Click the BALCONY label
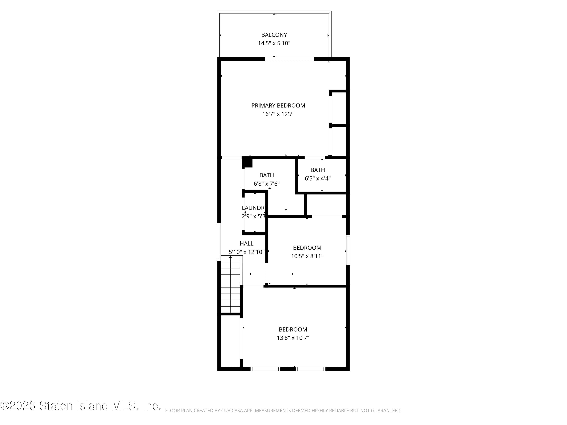274,35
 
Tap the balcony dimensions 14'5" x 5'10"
274,43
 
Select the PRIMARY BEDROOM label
278,106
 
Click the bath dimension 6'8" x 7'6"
266,184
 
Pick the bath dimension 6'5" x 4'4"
318,178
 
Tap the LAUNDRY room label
253,208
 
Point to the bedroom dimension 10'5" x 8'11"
307,256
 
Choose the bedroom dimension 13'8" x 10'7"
293,338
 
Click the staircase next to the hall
230,284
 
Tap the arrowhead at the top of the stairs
230,257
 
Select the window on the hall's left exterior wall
219,242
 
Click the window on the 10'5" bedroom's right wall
348,250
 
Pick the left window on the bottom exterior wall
265,369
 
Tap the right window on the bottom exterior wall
310,369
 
